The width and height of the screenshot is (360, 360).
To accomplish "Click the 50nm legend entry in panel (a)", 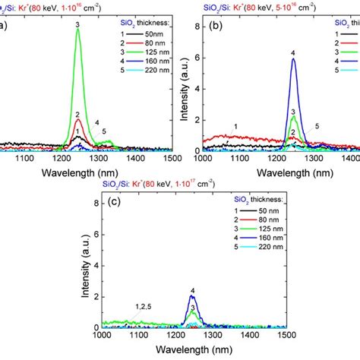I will [x=153, y=35].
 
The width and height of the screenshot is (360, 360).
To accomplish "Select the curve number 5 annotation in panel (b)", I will [x=317, y=126].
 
